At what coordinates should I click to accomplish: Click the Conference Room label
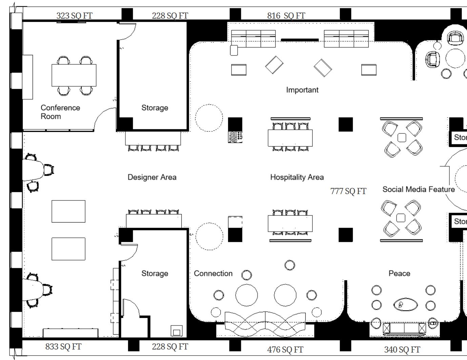[60, 112]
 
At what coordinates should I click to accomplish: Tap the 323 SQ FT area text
[74, 16]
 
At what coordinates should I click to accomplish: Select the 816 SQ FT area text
[286, 16]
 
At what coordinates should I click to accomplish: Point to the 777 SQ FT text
[348, 191]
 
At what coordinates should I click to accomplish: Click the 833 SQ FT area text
[63, 346]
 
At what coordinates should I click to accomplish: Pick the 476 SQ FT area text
[285, 350]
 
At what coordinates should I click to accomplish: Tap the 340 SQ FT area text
[402, 350]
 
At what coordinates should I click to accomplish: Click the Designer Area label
[152, 177]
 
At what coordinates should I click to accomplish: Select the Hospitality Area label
[297, 177]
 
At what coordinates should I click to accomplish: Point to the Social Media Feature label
[419, 189]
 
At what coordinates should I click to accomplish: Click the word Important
[302, 90]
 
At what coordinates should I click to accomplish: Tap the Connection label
[213, 273]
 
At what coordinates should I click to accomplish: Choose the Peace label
[399, 273]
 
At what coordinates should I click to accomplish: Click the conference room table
[74, 75]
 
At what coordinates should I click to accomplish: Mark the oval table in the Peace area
[405, 305]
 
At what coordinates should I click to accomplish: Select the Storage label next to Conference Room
[155, 108]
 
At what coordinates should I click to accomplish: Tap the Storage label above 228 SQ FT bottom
[155, 273]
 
